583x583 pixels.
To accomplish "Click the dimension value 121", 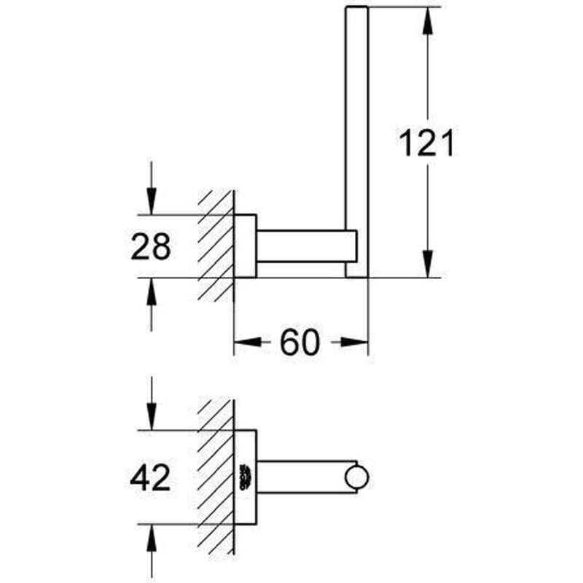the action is point(426,143).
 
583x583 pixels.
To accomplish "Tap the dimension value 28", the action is point(151,246).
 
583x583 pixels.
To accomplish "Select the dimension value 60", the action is point(300,343).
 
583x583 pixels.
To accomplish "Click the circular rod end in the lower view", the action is point(356,477).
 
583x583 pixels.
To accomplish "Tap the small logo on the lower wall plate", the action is point(246,477).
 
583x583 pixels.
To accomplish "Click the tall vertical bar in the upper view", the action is point(356,142).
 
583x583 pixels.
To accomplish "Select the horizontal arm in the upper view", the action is point(307,246).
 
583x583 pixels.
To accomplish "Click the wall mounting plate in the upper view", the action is point(245,246).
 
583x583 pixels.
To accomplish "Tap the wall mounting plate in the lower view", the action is point(245,477).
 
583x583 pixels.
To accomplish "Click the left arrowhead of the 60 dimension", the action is point(248,342).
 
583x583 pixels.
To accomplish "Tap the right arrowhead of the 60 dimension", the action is point(354,342).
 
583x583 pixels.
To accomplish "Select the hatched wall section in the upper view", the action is point(216,246).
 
